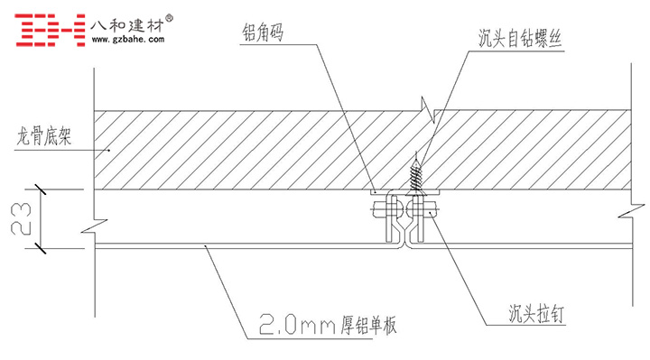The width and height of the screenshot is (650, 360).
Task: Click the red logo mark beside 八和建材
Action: point(51,30)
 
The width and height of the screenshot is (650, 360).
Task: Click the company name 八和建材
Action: point(127,25)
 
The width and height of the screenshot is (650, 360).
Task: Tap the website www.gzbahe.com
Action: point(127,40)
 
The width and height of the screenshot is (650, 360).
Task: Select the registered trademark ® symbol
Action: point(169,18)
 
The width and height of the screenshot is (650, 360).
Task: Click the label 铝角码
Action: point(263,32)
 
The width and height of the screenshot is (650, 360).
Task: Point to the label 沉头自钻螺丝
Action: point(520,39)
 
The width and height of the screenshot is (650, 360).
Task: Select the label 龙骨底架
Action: point(44,136)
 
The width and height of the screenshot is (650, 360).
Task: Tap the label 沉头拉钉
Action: point(536,314)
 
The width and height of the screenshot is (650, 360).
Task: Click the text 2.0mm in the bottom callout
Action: point(297,324)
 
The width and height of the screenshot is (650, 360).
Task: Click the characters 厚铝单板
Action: point(368,325)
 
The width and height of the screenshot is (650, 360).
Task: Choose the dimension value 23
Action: point(21,218)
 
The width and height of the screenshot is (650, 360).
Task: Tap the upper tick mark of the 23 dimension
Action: point(41,189)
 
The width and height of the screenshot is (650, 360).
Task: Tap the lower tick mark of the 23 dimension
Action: point(41,248)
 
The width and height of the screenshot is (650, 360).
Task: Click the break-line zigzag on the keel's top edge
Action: point(428,110)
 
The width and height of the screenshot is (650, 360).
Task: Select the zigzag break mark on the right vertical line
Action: point(632,210)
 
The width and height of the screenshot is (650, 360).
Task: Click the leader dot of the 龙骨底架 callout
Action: point(109,150)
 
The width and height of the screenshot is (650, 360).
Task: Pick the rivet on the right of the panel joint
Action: point(422,208)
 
